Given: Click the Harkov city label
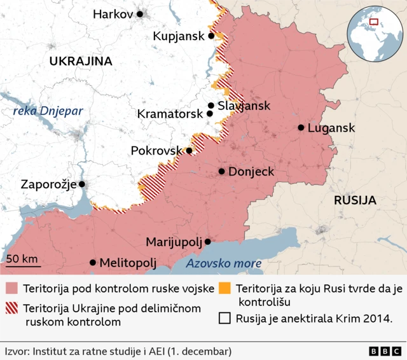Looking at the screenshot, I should point(113,14).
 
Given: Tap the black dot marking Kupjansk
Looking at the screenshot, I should point(211,36).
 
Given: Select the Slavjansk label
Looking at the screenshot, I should point(244,106).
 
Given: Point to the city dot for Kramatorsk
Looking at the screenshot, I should point(209,114).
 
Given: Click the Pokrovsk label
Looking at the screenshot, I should point(156,151).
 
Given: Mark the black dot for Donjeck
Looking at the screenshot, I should point(221,171).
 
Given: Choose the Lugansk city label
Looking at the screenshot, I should point(331,128).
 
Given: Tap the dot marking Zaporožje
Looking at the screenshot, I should point(81,184).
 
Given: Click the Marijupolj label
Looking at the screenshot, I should point(174,242).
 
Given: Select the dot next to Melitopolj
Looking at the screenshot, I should point(93,262).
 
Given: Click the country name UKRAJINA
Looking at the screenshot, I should point(81,62).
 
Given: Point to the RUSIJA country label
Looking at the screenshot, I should point(355,200).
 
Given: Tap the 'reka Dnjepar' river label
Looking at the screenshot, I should point(48,111).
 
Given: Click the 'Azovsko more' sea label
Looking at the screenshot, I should point(224,263).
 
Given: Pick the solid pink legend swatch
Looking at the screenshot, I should point(12,289).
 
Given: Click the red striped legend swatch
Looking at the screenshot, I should point(12,308).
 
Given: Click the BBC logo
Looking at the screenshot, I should point(385,351).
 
